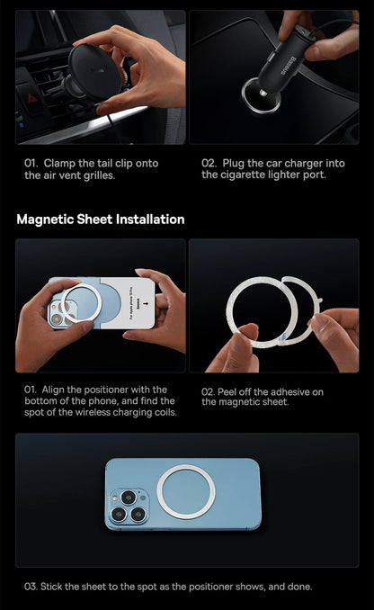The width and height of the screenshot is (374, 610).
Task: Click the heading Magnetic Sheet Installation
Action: (101, 220)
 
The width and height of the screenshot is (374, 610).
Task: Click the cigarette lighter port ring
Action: (261, 94)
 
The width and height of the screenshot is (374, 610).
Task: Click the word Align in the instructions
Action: (58, 390)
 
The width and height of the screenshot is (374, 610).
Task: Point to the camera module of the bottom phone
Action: (127, 505)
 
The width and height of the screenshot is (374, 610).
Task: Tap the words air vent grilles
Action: (80, 175)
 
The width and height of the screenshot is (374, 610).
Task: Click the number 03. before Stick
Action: (31, 587)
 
